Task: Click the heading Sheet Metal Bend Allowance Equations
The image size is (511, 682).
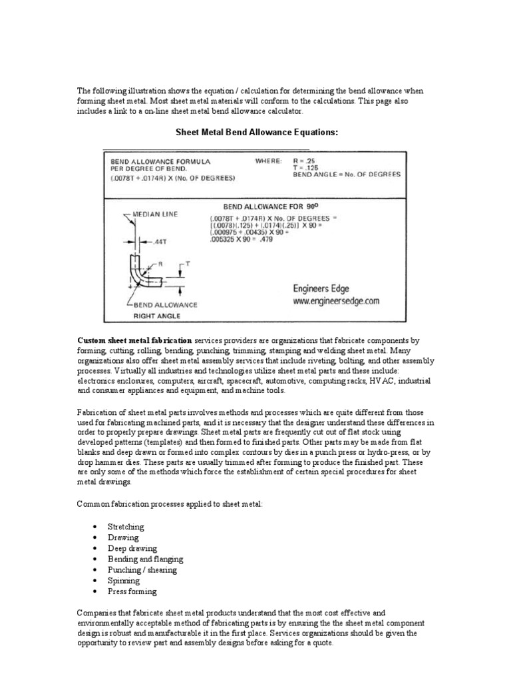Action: pyautogui.click(x=257, y=133)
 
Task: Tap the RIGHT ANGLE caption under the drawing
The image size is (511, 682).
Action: pyautogui.click(x=158, y=315)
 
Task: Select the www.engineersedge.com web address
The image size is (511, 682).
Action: pyautogui.click(x=335, y=300)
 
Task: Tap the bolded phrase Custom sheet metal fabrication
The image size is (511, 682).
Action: pyautogui.click(x=135, y=340)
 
